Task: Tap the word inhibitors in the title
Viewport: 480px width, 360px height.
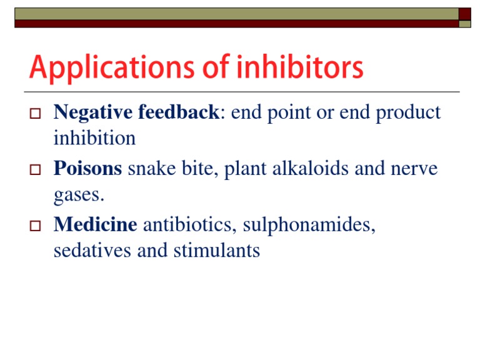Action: [299, 67]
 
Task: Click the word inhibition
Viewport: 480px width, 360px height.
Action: [94, 138]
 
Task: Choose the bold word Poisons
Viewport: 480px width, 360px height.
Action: [87, 169]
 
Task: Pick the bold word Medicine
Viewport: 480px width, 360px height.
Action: [95, 225]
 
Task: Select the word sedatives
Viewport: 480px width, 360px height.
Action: [91, 251]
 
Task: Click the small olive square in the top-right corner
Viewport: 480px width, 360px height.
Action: [465, 24]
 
